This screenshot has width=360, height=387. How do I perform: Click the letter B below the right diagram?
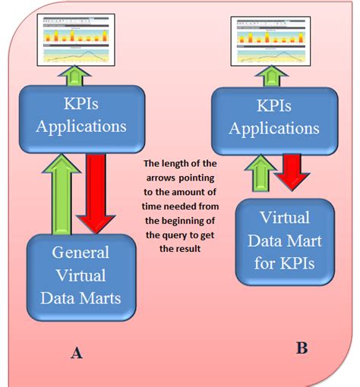coord(301,348)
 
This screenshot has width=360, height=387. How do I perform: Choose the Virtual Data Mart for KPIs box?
coord(283,241)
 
